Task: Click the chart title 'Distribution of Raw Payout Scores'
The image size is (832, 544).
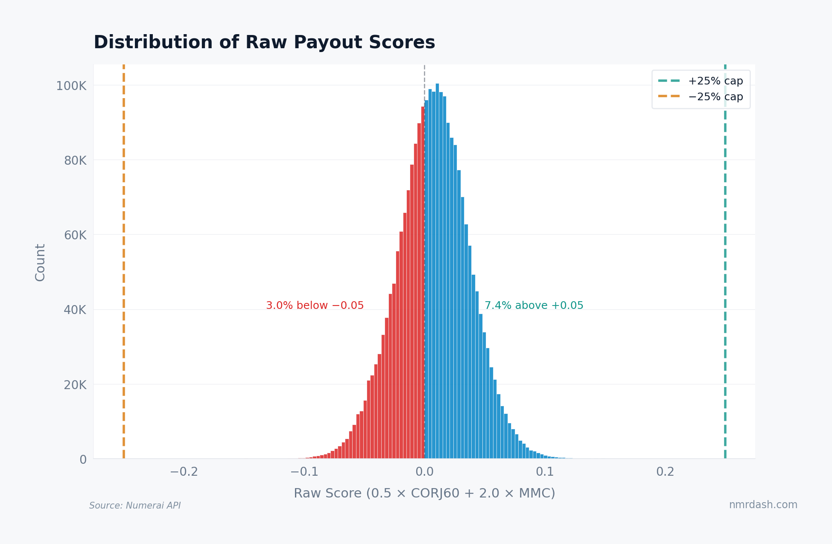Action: [x=264, y=43]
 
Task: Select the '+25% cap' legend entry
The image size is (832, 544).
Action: [x=715, y=81]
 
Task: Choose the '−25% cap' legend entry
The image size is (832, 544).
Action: [x=715, y=97]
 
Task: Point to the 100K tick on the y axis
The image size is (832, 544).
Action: [x=71, y=86]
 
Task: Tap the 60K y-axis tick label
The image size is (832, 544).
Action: [x=75, y=236]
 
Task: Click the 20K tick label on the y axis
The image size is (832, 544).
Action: [x=75, y=385]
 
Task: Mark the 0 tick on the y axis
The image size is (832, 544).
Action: [x=83, y=460]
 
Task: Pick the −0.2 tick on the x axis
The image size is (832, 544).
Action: [x=184, y=472]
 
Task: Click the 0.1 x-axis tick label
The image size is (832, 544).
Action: [x=545, y=472]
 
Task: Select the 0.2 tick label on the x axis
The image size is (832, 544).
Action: [x=665, y=472]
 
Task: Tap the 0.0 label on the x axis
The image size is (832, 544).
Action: [x=424, y=472]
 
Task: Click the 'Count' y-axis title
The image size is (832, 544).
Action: [x=40, y=262]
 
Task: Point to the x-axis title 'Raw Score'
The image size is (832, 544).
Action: [x=424, y=493]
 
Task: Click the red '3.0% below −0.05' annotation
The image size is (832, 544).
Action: [x=315, y=305]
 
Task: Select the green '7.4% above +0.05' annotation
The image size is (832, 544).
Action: [x=534, y=305]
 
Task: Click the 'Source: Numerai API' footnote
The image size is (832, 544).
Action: [x=135, y=506]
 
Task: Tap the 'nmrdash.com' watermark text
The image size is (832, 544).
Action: [x=763, y=505]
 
